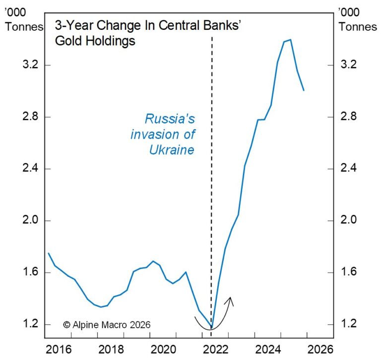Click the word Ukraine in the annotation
click(172, 149)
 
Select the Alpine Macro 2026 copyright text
click(107, 324)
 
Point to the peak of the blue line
click(290, 39)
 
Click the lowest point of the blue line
click(212, 328)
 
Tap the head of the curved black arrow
click(230, 299)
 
